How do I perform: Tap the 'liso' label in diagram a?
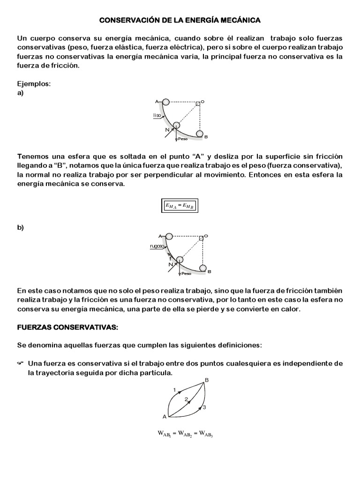pos(157,115)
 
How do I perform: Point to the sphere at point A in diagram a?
pos(166,102)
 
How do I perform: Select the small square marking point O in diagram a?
pos(198,103)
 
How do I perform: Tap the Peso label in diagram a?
pos(183,139)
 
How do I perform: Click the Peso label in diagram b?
pos(186,274)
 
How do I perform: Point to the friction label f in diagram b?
pos(171,259)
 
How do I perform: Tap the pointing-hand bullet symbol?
pos(21,363)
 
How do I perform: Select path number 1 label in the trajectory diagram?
pos(174,390)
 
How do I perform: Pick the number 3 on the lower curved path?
pos(204,408)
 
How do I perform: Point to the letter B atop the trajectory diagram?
pos(207,380)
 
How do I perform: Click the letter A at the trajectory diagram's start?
pos(165,417)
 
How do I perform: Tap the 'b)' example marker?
pos(21,228)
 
